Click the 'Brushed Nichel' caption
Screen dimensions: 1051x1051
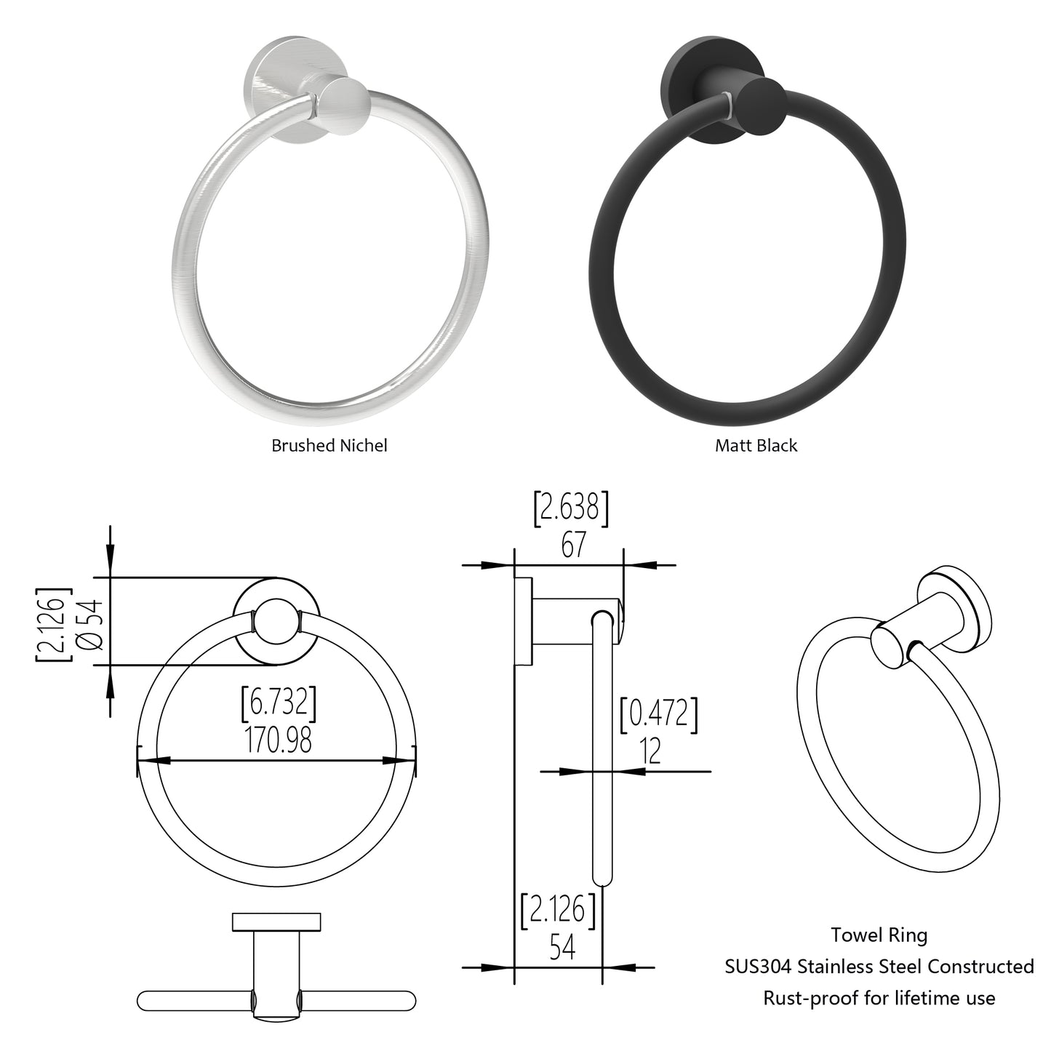pyautogui.click(x=329, y=445)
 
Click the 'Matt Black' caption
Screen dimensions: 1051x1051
pyautogui.click(x=756, y=445)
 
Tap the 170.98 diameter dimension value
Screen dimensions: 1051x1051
pyautogui.click(x=279, y=740)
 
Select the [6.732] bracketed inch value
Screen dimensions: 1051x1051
pyautogui.click(x=279, y=703)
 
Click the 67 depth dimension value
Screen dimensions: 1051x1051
pyautogui.click(x=572, y=545)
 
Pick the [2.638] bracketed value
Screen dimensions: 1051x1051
pyautogui.click(x=571, y=508)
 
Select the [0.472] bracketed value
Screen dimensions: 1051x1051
pyautogui.click(x=658, y=714)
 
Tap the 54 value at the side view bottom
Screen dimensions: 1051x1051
pyautogui.click(x=562, y=948)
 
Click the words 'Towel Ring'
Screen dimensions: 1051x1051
pyautogui.click(x=879, y=935)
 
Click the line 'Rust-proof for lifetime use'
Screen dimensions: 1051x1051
pyautogui.click(x=879, y=998)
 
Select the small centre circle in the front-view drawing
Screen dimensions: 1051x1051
pyautogui.click(x=276, y=622)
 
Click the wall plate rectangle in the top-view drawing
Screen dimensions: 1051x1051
pyautogui.click(x=276, y=921)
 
